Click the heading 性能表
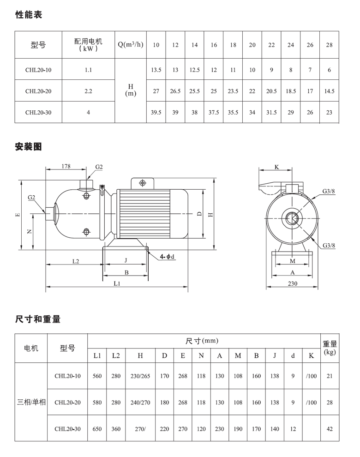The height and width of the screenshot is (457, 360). point(29,15)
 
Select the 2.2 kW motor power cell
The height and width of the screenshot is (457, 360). point(89,91)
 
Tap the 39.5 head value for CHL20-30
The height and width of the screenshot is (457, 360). point(156,112)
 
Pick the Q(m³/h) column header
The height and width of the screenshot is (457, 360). point(131,45)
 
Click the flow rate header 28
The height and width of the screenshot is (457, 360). point(329,45)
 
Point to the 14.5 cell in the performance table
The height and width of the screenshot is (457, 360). point(329,91)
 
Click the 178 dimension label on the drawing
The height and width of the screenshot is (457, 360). point(66,166)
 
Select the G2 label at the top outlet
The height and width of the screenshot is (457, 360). point(99,167)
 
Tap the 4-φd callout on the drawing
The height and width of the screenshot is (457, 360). point(167,257)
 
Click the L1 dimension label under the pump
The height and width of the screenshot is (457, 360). point(117,284)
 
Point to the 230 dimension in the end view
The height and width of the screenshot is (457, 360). point(293,284)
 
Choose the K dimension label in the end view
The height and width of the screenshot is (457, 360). point(276,167)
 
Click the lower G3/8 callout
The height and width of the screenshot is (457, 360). point(329,245)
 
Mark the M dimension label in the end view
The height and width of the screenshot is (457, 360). point(292,261)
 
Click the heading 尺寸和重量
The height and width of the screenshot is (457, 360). point(38,319)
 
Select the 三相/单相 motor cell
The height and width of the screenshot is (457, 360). point(31,402)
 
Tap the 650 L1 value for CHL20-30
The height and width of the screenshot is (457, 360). point(97,429)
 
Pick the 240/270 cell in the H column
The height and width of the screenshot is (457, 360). point(140,403)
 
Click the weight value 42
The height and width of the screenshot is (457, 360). point(330,429)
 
